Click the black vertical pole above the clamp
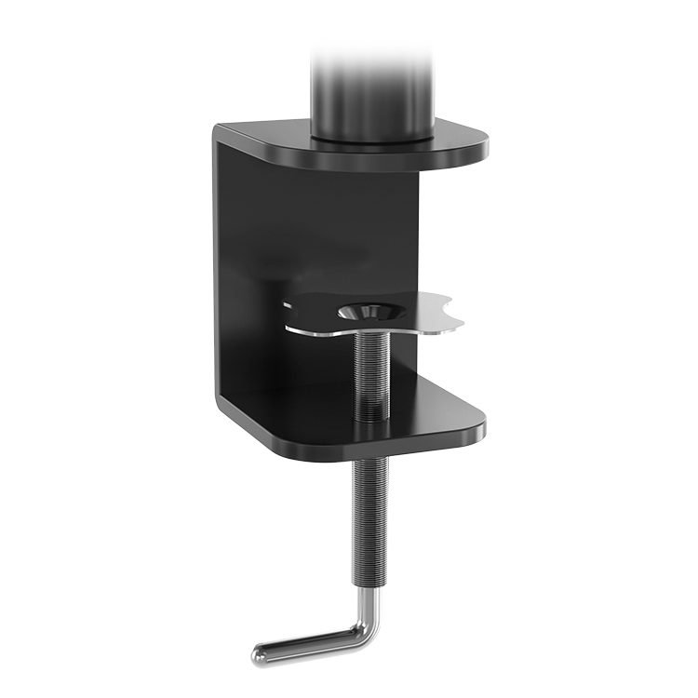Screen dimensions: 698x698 372,93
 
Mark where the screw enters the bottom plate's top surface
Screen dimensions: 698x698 371,417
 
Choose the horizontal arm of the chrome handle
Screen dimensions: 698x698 307,641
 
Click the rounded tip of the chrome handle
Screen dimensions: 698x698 260,654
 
